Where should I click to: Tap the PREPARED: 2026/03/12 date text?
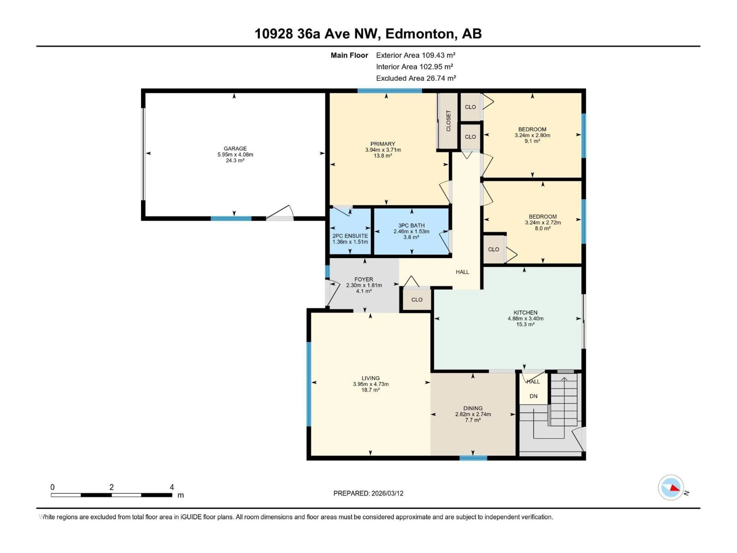tap(368, 493)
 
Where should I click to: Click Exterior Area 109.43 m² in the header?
tap(416, 55)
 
